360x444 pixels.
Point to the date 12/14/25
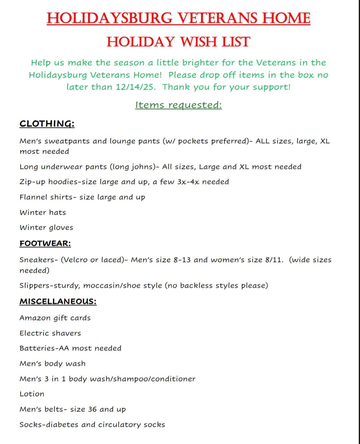tap(135, 87)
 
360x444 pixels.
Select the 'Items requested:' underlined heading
tap(178, 105)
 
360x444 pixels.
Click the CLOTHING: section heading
tap(47, 124)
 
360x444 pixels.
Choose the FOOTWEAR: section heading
tap(45, 244)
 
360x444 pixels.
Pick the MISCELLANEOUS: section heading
tap(58, 302)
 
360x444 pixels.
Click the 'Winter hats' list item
tap(43, 212)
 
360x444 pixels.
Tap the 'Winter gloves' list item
tap(46, 228)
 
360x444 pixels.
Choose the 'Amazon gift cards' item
tap(55, 318)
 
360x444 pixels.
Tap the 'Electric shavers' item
tap(50, 333)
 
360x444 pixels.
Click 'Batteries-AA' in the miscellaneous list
tap(44, 348)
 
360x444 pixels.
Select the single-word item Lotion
tap(32, 394)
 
